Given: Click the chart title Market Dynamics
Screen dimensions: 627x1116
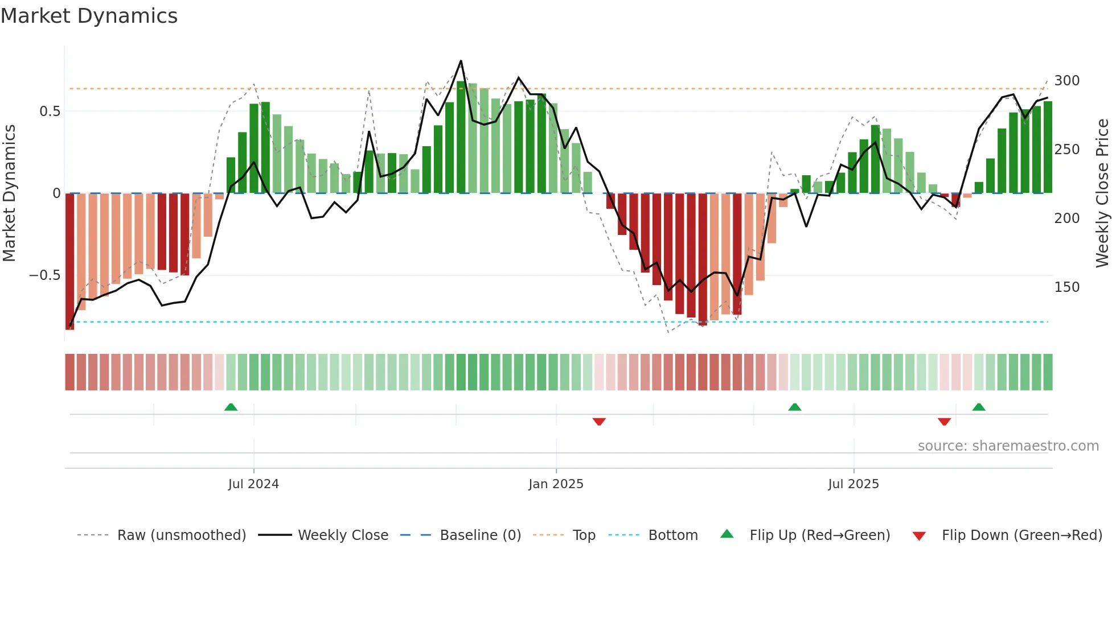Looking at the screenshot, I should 89,16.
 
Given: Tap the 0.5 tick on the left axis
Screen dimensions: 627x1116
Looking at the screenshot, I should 50,111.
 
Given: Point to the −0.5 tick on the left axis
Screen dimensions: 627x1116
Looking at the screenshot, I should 44,275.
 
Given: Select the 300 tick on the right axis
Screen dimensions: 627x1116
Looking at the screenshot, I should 1066,81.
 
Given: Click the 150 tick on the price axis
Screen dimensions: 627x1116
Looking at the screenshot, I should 1066,287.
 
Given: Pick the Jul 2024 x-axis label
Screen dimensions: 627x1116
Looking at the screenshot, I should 253,484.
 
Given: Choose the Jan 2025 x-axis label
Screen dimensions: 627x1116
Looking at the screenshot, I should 556,484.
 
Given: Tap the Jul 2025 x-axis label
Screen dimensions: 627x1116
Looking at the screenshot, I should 853,484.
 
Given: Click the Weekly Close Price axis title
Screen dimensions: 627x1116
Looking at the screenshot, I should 1102,193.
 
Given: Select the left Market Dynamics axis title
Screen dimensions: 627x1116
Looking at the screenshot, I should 9,193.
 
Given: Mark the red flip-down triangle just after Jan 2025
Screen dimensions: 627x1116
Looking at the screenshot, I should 599,422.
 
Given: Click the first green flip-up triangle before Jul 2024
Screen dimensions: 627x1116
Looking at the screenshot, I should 231,407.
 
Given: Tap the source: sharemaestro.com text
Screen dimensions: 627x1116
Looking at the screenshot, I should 1008,446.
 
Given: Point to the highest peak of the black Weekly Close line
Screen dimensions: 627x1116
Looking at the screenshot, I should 461,61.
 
